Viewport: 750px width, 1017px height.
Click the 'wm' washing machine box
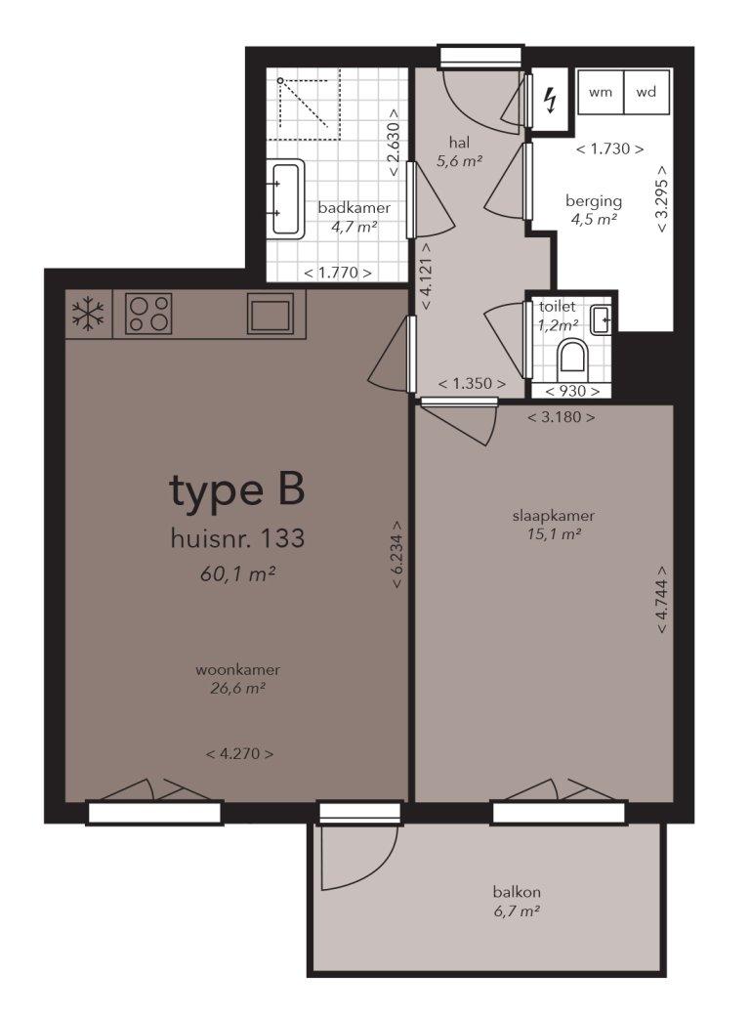600,93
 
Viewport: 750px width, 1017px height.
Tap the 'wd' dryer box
646,93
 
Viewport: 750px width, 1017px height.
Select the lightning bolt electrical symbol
550,99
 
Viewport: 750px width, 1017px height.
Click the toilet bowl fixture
571,359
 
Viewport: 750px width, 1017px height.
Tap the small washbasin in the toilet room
602,319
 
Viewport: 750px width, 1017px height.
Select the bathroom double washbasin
286,198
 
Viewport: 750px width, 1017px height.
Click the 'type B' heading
237,491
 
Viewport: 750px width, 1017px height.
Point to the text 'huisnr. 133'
237,538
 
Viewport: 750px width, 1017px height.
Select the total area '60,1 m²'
236,574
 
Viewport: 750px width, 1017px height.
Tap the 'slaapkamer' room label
554,516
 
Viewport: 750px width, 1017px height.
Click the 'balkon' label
517,892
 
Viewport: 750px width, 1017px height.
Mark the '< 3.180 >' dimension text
562,417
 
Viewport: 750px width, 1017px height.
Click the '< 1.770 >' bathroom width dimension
337,274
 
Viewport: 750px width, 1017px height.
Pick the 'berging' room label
594,201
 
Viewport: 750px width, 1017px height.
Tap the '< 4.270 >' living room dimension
239,753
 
